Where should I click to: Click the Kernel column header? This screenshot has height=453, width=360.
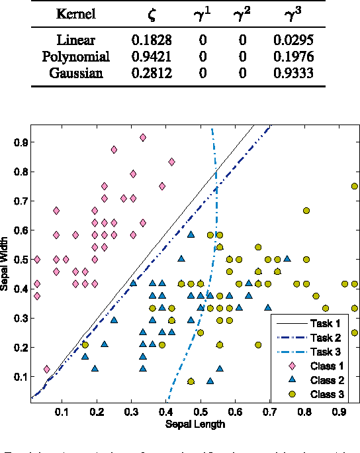(x=75, y=14)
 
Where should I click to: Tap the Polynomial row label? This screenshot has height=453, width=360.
(x=75, y=56)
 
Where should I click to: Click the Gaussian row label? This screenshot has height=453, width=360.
(x=75, y=72)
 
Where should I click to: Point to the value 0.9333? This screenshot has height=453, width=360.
(x=293, y=72)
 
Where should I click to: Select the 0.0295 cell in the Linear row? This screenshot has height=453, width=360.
(x=293, y=40)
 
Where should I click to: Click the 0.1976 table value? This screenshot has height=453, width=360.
(x=293, y=56)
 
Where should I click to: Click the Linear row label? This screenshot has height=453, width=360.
(x=75, y=40)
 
